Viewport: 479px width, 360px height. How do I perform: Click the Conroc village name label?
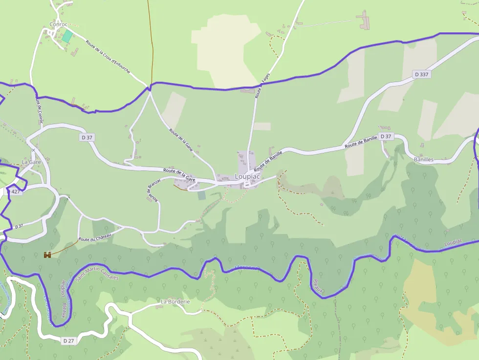point(58,24)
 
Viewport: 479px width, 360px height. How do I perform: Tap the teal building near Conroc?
point(66,36)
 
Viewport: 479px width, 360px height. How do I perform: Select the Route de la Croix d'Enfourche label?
point(108,57)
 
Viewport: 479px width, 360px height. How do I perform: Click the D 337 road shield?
point(421,74)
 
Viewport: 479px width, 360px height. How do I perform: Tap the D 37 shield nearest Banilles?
point(385,136)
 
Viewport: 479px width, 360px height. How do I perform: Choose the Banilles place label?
point(423,160)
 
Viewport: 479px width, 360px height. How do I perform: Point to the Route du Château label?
point(95,238)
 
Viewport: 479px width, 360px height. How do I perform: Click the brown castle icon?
point(48,254)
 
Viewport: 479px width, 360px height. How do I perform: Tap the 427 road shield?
point(16,192)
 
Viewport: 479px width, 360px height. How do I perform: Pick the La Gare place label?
point(31,162)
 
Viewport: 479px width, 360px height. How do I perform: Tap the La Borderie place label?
point(175,302)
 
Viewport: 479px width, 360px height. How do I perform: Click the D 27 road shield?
point(68,340)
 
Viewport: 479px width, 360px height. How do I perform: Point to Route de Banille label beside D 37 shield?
point(361,142)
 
